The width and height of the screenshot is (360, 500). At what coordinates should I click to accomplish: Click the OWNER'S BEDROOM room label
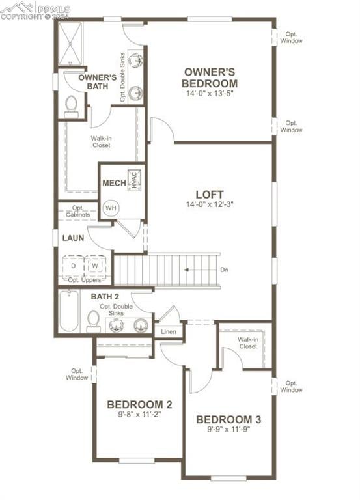[x=210, y=77]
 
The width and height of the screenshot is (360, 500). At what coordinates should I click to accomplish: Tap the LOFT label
[x=210, y=194]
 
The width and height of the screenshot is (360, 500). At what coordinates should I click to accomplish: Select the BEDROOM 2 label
[x=139, y=403]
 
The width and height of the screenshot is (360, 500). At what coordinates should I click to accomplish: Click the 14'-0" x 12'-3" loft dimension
[x=210, y=204]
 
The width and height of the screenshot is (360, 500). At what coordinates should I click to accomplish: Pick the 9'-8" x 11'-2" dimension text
[x=139, y=413]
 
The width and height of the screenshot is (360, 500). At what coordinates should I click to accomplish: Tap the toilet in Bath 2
[x=94, y=320]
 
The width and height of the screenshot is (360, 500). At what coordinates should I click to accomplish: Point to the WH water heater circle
[x=111, y=208]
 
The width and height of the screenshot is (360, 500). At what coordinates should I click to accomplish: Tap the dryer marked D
[x=73, y=266]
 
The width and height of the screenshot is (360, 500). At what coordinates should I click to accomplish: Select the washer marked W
[x=95, y=266]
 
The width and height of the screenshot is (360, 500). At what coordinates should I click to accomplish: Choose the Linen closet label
[x=168, y=331]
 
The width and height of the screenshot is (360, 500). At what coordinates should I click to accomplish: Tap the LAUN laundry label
[x=73, y=238]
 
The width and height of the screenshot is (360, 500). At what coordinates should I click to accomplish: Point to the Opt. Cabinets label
[x=77, y=212]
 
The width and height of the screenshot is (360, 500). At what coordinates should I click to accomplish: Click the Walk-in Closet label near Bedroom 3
[x=247, y=343]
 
